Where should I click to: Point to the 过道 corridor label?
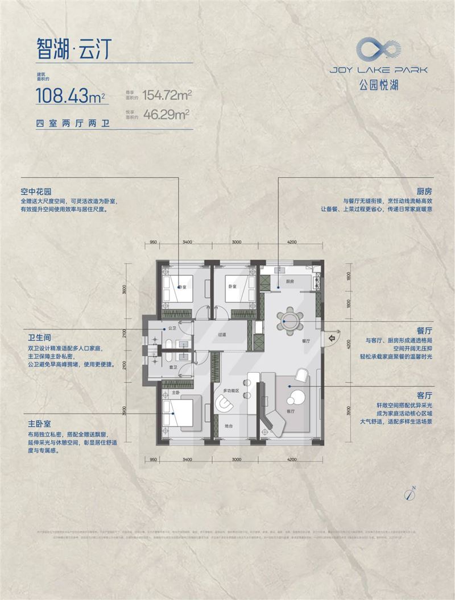tap(222, 335)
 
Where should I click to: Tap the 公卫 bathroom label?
tap(169, 329)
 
